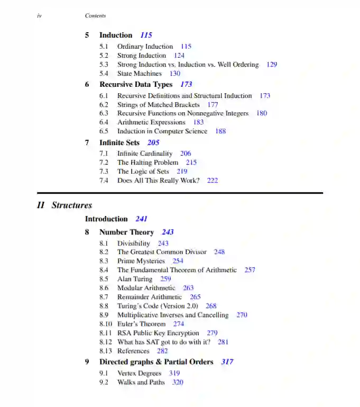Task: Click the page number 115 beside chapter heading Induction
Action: (x=146, y=35)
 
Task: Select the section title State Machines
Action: (x=140, y=74)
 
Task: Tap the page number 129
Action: (x=272, y=65)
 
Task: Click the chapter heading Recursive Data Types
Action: (x=136, y=84)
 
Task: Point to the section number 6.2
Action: (x=104, y=105)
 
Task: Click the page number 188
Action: (x=220, y=131)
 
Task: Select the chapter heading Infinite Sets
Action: (x=119, y=142)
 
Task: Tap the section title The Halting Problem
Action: (x=147, y=162)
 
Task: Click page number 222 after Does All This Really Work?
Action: (x=213, y=180)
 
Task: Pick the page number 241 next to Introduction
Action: (x=141, y=219)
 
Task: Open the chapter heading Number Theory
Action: (x=126, y=232)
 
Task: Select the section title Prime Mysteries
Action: (x=141, y=261)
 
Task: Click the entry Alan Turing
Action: (x=135, y=279)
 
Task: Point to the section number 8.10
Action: (x=106, y=324)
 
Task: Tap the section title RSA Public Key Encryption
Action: (x=158, y=333)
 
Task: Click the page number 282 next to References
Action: (x=162, y=351)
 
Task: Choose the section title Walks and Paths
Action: (x=141, y=382)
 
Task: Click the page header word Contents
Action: (x=95, y=16)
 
